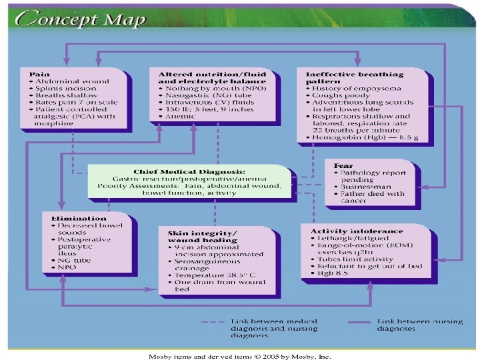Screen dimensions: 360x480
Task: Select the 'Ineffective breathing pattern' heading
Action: pos(354,78)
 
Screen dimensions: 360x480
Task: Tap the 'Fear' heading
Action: pos(344,165)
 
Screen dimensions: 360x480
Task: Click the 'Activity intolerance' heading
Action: pos(357,231)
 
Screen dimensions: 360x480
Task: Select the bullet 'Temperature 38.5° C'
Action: pos(212,275)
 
